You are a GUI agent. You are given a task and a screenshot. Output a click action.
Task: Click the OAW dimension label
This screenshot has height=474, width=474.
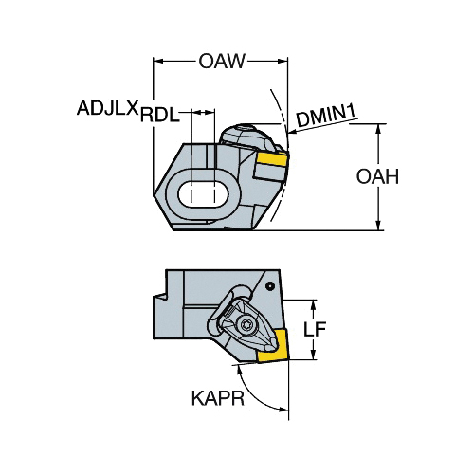coord(222,61)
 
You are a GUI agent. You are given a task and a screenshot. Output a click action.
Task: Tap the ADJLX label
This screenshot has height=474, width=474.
coord(108,108)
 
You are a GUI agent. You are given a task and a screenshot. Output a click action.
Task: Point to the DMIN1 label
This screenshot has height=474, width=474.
coord(326,117)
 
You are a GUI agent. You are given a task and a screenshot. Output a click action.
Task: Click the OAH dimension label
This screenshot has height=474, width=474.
coord(377,176)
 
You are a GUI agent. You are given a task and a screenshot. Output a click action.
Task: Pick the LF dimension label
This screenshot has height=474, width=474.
coord(315,329)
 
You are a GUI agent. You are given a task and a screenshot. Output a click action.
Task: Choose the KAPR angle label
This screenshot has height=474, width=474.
coord(218,398)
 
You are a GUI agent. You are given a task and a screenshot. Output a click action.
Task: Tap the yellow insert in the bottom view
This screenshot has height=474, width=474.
coord(273,345)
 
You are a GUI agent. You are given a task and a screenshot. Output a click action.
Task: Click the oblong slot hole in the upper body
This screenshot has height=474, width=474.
coord(203,194)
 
